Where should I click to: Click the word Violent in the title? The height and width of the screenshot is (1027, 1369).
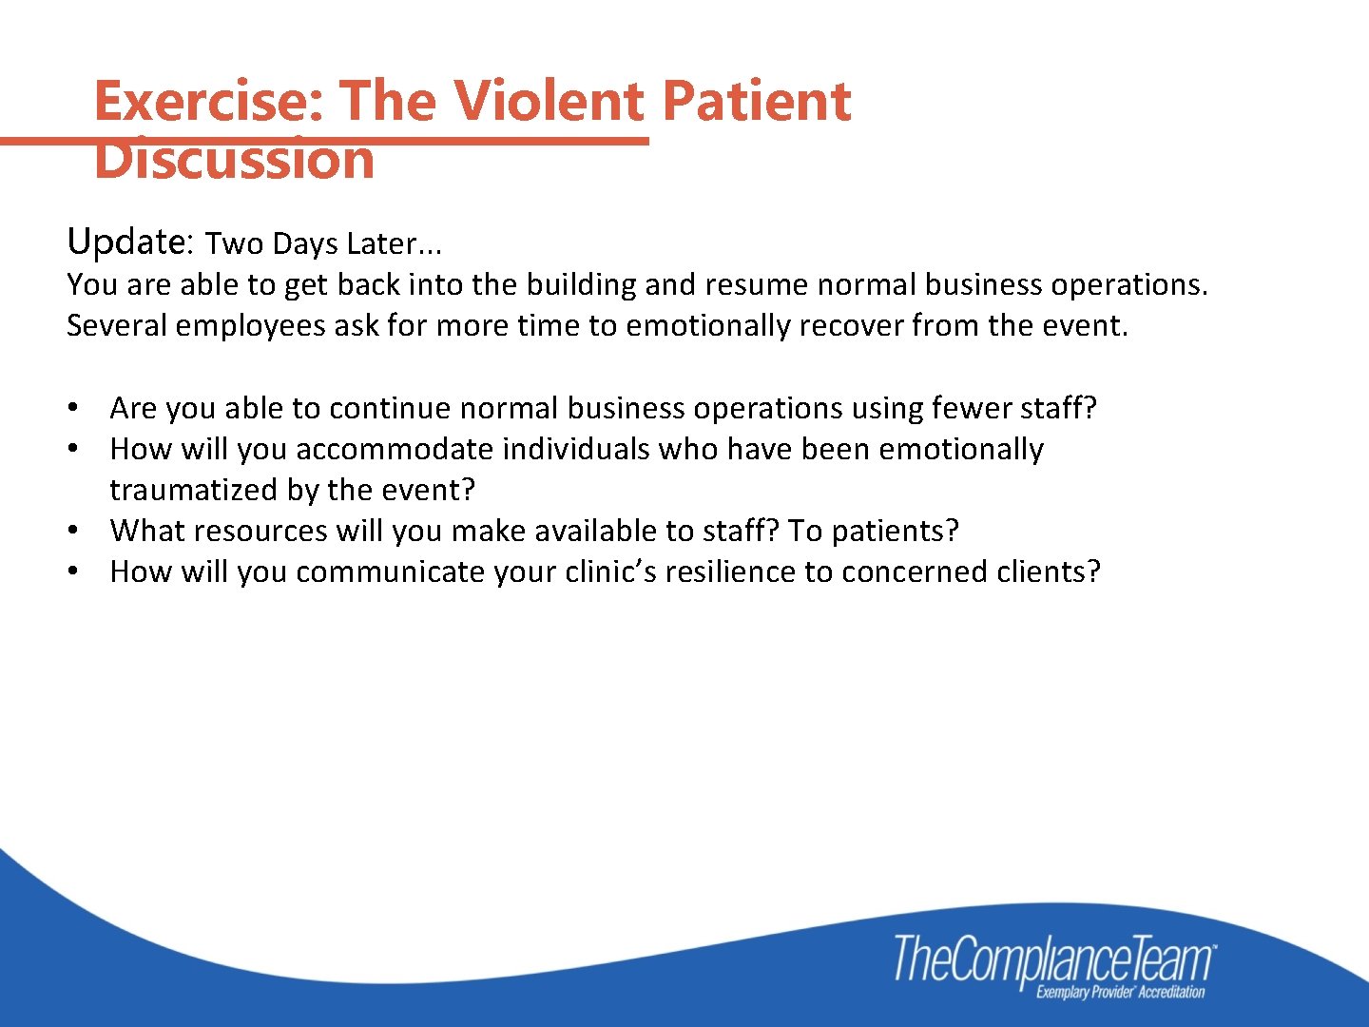tap(548, 101)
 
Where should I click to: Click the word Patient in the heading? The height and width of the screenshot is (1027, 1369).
tap(756, 101)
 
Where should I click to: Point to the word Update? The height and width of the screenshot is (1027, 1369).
tap(130, 242)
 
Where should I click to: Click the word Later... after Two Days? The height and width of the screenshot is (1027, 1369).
tap(395, 244)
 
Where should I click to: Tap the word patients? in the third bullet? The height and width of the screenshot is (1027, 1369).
tap(895, 531)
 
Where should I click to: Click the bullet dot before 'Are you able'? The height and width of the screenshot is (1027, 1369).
tap(72, 408)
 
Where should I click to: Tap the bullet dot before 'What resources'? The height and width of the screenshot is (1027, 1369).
tap(72, 531)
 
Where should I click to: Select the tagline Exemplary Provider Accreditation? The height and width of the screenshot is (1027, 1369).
tap(1120, 993)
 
